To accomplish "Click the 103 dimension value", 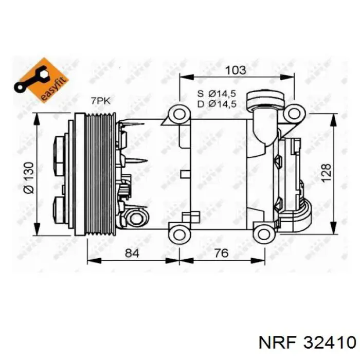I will click(x=236, y=69).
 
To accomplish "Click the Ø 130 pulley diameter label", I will click(x=29, y=177).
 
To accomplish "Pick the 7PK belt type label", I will click(x=100, y=101).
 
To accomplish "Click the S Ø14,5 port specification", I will click(x=217, y=94).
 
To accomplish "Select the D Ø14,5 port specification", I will click(x=217, y=104).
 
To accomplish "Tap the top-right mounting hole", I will click(x=294, y=113).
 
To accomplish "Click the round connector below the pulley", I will click(x=136, y=219).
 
